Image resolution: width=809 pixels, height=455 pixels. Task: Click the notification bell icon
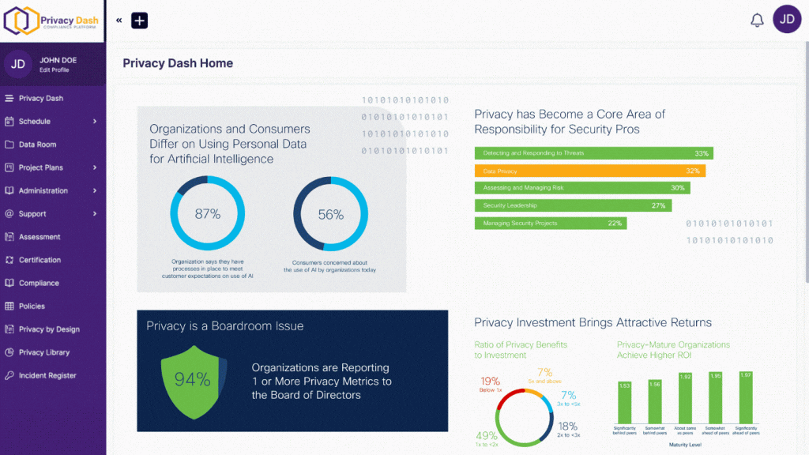tap(757, 21)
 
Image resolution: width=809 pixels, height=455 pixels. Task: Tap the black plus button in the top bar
tap(140, 21)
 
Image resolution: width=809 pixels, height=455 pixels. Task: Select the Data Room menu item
tap(37, 145)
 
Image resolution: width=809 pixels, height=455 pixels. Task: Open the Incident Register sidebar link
tap(47, 375)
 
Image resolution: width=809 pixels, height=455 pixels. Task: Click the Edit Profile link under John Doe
tap(55, 70)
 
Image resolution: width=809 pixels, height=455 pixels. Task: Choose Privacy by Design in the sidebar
tap(49, 329)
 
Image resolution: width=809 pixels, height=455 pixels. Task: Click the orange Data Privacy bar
tap(589, 171)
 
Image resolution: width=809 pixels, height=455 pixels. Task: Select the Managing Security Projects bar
tap(550, 224)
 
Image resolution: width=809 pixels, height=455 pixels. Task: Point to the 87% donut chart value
tap(207, 214)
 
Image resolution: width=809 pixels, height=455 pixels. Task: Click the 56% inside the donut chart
tap(330, 214)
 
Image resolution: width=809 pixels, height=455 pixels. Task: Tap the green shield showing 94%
tap(193, 380)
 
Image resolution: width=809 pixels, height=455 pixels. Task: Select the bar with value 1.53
tap(624, 403)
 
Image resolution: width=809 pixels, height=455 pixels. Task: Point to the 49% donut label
tap(486, 436)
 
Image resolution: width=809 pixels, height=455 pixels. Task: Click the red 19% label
tap(490, 381)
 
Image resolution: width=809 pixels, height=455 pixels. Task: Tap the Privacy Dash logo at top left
tap(52, 21)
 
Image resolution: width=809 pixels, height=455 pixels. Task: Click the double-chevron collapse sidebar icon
tap(119, 21)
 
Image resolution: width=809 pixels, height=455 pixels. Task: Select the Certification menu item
tap(40, 260)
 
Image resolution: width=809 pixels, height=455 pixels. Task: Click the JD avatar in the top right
tap(786, 20)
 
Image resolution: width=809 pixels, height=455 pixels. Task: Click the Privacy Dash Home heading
tap(178, 63)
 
